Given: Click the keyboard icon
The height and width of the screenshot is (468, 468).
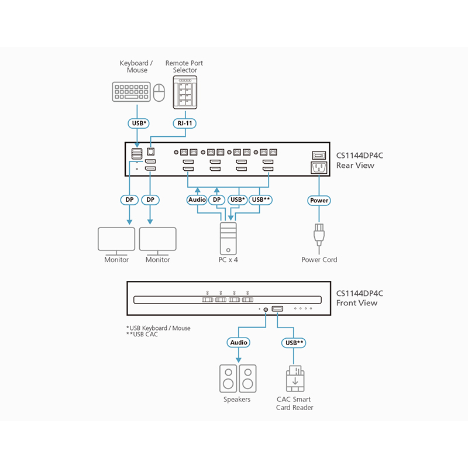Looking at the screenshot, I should (x=131, y=91).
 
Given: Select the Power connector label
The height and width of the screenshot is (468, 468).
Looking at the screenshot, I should (x=319, y=200).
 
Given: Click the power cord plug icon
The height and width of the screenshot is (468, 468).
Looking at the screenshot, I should (x=319, y=235).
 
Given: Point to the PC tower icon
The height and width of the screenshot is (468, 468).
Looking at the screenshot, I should (x=228, y=237).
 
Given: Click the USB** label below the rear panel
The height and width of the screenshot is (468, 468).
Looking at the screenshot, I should (x=260, y=200).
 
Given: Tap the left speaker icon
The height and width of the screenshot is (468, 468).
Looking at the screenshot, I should (x=228, y=378).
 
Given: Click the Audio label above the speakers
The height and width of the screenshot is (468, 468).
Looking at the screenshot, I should (x=238, y=342).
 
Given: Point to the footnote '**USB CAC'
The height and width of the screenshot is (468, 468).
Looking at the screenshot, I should (x=142, y=334).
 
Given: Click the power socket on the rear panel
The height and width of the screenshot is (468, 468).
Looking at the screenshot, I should (x=317, y=168).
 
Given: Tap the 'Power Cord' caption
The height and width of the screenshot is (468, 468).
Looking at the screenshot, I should (x=319, y=260).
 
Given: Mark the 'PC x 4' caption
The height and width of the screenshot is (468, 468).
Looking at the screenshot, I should (x=228, y=260).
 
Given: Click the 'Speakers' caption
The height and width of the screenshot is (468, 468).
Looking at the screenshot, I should (x=237, y=400).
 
